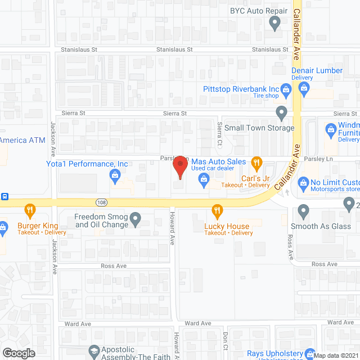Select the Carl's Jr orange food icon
tap(256, 164)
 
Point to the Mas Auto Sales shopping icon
tap(204, 179)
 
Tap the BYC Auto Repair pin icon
tap(275, 23)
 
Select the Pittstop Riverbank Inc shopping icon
tap(286, 89)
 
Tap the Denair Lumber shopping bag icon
tap(304, 87)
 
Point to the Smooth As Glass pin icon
tap(304, 212)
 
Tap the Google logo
tap(18, 353)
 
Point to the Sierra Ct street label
tap(220, 130)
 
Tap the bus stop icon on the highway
tap(4, 196)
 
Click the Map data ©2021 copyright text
tap(335, 355)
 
